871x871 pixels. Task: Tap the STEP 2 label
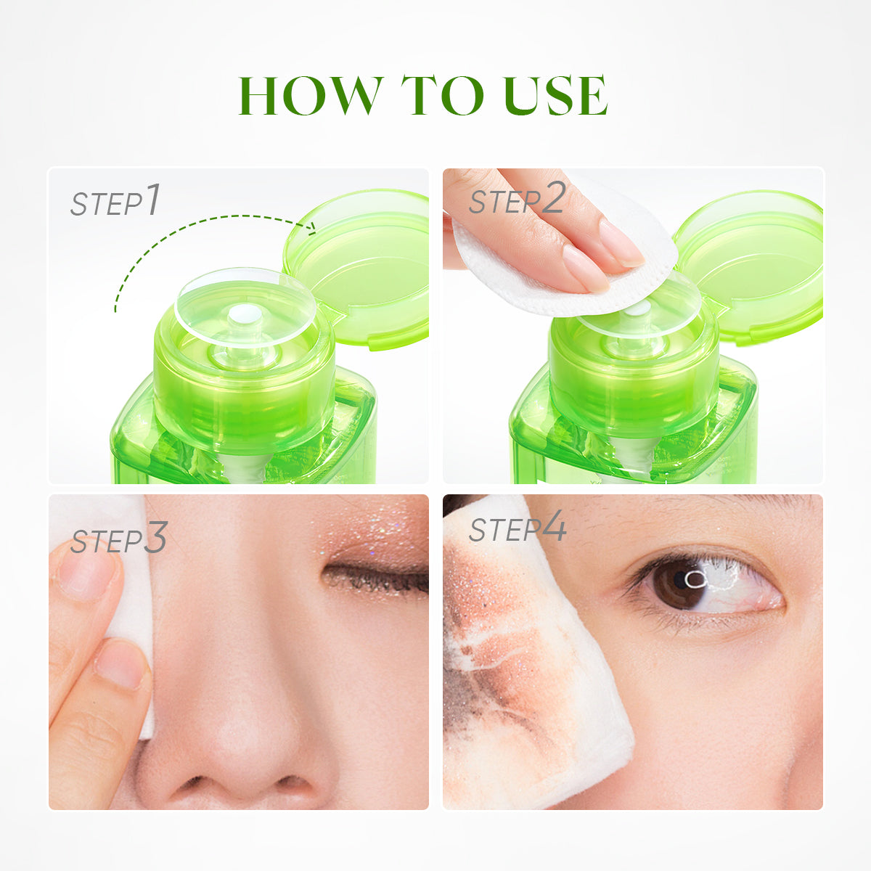516,200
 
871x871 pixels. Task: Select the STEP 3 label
118,539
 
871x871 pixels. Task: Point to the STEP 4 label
517,528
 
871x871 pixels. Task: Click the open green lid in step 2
751,265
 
